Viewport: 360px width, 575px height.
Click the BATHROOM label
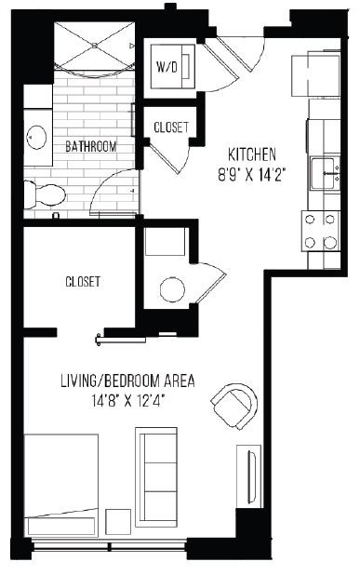coord(90,146)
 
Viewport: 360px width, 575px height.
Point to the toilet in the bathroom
coord(45,193)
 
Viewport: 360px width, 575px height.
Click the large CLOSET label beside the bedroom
coord(83,281)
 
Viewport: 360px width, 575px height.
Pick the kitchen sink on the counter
coord(324,169)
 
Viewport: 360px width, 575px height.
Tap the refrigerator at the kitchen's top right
coord(314,74)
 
